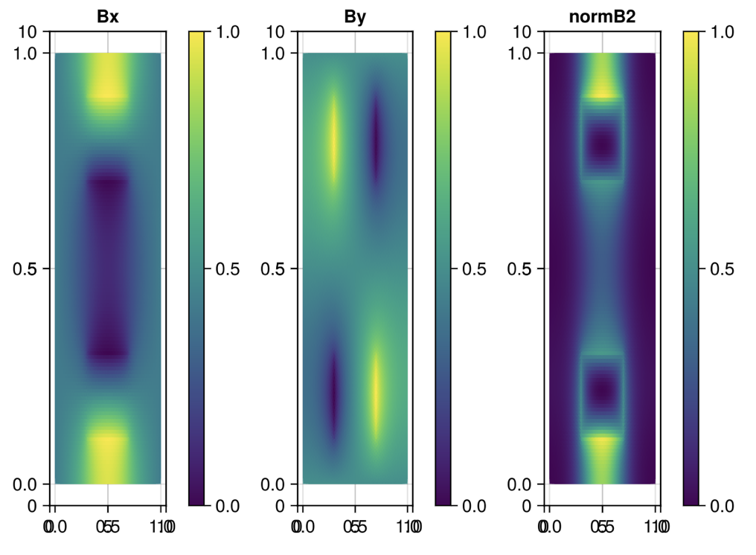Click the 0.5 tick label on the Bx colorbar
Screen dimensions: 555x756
click(x=233, y=269)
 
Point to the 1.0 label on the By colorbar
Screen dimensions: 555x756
click(x=480, y=32)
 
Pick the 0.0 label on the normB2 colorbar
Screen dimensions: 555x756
click(x=727, y=506)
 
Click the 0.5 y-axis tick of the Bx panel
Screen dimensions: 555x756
click(x=29, y=269)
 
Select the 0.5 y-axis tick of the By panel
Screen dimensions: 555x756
click(x=276, y=269)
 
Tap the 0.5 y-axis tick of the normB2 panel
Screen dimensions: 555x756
click(x=523, y=269)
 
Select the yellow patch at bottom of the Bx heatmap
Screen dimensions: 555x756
click(x=109, y=454)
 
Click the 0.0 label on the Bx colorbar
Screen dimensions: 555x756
click(x=233, y=506)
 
